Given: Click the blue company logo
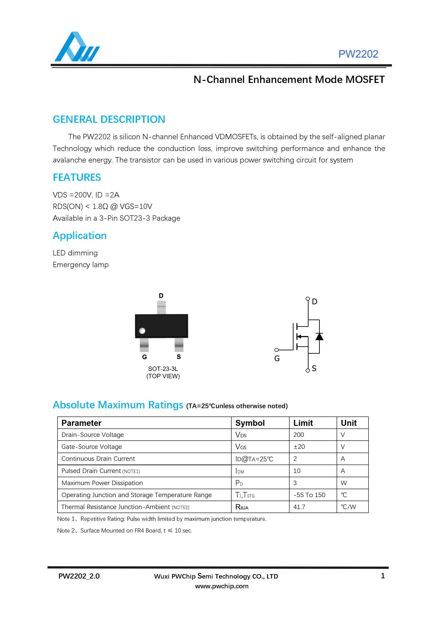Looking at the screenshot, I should tap(77, 47).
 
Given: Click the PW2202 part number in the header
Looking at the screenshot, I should tap(358, 54).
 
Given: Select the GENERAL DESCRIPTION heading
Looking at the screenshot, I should tap(109, 119).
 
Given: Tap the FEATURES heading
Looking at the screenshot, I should tap(77, 177).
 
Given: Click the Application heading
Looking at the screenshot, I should tap(80, 236).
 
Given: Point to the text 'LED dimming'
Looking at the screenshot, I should tap(75, 253).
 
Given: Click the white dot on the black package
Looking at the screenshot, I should tap(142, 331).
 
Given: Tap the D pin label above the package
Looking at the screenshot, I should tap(161, 296).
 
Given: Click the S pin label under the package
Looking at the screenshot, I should tap(179, 357).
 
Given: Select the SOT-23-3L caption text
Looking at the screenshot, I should tap(163, 369).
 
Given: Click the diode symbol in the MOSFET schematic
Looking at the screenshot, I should tap(319, 337).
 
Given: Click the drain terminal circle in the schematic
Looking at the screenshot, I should tap(308, 299).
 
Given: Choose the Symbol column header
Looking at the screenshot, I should tap(250, 423).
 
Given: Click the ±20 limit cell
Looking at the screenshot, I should tap(299, 447).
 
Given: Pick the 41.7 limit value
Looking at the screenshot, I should tap(299, 507).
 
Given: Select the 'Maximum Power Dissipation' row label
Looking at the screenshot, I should tap(102, 483).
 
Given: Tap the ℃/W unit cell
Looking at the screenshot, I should tap(348, 507).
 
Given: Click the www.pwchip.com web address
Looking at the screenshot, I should tap(222, 586).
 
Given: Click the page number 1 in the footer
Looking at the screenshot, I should tap(383, 576).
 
